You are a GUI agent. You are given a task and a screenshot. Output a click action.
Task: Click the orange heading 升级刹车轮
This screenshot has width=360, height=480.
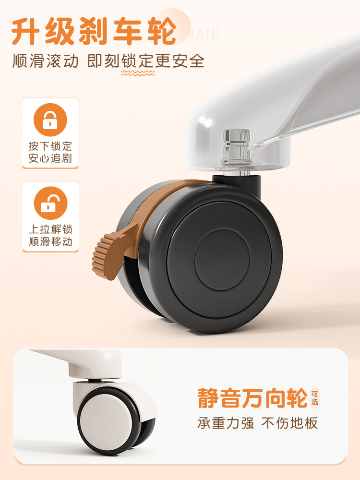pyautogui.click(x=94, y=31)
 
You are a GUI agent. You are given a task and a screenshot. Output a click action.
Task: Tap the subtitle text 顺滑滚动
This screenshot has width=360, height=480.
pyautogui.click(x=45, y=60)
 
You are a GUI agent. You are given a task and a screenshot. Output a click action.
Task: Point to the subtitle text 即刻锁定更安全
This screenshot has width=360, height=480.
pyautogui.click(x=146, y=60)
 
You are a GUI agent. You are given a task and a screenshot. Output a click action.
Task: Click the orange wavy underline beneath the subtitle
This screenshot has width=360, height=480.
pyautogui.click(x=138, y=73)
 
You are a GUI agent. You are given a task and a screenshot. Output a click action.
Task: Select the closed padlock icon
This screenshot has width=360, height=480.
pyautogui.click(x=50, y=120)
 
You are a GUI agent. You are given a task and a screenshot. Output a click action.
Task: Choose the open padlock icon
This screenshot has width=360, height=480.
pyautogui.click(x=50, y=203)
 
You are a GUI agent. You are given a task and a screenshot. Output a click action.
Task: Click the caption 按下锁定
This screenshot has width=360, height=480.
pyautogui.click(x=50, y=146)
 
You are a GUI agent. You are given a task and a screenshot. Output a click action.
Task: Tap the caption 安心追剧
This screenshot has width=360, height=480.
pyautogui.click(x=50, y=158)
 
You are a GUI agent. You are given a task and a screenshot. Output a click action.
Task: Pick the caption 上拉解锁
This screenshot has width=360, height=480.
pyautogui.click(x=50, y=229)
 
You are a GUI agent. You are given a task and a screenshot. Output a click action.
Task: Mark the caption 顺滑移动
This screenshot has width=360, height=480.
pyautogui.click(x=50, y=241)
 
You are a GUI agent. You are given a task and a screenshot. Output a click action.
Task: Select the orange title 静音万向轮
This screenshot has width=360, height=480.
pyautogui.click(x=252, y=398)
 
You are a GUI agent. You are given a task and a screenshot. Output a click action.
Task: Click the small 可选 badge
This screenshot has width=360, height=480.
pyautogui.click(x=315, y=397)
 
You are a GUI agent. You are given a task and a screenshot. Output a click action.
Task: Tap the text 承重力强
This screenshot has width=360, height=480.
pyautogui.click(x=225, y=423)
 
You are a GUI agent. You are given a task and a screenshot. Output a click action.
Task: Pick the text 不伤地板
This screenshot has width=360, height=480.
pyautogui.click(x=289, y=423)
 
